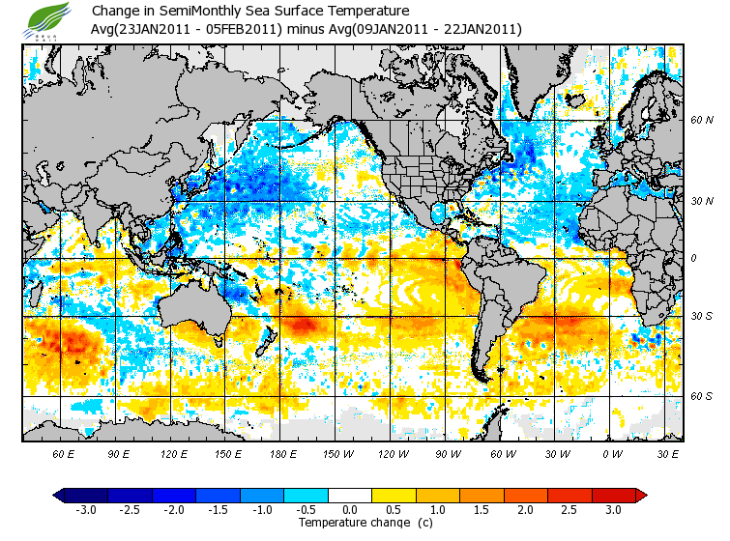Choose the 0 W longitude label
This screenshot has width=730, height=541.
612,452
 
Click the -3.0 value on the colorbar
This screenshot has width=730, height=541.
85,510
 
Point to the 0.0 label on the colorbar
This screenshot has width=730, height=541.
351,510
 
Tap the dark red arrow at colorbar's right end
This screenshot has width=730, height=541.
640,496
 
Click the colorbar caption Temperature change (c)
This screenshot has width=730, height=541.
351,523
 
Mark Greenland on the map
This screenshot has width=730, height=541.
541,72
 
